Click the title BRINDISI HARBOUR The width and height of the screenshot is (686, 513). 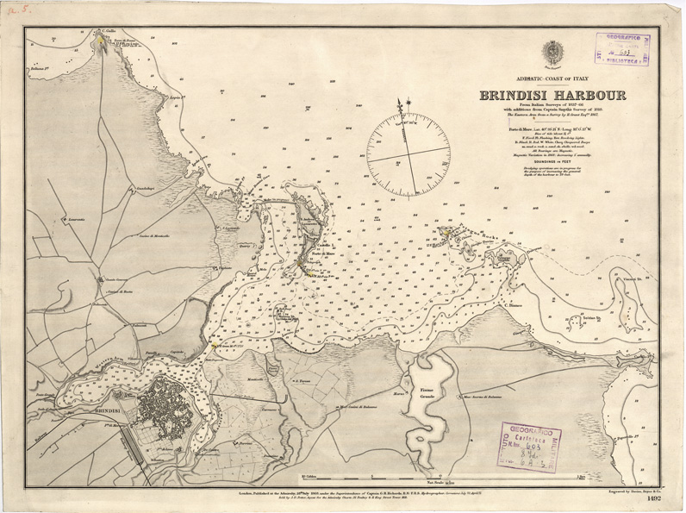552,96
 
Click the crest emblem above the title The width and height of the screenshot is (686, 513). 552,53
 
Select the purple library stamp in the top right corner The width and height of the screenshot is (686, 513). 621,50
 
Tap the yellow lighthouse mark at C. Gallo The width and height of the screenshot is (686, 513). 102,39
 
